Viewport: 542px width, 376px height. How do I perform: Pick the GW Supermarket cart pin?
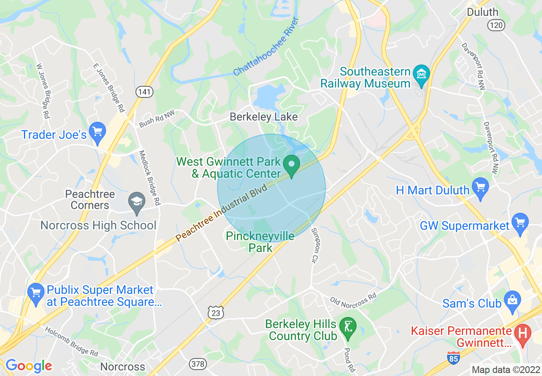(x=520, y=223)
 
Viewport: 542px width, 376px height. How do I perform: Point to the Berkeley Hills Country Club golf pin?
(x=347, y=327)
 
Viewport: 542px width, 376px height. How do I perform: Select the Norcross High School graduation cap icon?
(x=137, y=200)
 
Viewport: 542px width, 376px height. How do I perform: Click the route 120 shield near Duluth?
(x=496, y=26)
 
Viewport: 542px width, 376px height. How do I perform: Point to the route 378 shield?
(x=197, y=364)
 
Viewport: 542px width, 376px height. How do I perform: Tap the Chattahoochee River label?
(x=265, y=47)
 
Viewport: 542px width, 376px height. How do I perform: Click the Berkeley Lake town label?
(x=263, y=117)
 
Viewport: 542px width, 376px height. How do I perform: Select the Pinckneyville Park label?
(x=260, y=242)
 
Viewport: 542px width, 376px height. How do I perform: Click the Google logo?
(x=29, y=366)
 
